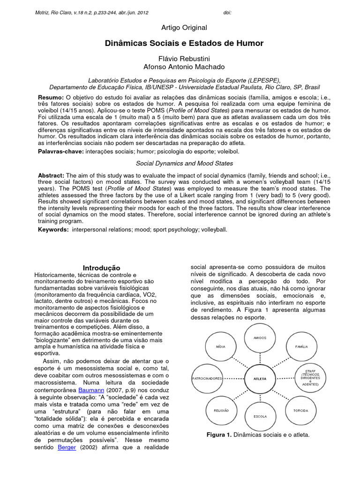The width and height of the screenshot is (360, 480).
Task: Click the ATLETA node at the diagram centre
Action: [260, 378]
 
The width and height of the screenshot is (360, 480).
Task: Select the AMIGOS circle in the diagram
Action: [260, 337]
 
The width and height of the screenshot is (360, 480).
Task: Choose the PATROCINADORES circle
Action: [207, 378]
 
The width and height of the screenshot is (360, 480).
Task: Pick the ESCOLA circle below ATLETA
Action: [260, 416]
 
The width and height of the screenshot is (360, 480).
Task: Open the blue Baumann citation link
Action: [91, 390]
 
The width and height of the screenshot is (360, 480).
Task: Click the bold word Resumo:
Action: [51, 97]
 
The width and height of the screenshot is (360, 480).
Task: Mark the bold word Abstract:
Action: [51, 175]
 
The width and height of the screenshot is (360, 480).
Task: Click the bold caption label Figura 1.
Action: [219, 435]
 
